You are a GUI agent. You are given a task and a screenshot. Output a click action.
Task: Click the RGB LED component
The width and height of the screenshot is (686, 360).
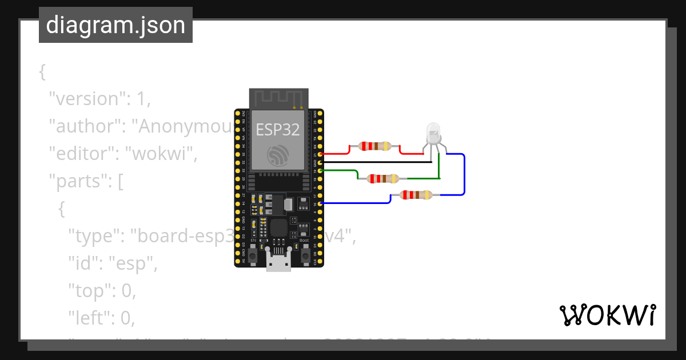coord(433,135)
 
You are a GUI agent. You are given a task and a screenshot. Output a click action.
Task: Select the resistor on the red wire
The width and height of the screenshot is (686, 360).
coord(374,146)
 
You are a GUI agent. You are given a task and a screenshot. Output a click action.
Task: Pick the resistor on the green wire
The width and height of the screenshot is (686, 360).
coord(383,179)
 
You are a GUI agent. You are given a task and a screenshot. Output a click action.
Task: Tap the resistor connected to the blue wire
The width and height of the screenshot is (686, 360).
coord(416,195)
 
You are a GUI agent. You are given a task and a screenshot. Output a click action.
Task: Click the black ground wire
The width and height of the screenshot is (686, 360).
coord(377,162)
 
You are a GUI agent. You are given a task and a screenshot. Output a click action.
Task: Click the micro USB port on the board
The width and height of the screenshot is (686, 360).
coord(278,263)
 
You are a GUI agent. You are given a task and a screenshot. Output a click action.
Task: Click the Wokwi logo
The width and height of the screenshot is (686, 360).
coord(607,315)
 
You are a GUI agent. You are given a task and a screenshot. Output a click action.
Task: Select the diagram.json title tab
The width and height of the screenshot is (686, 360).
coord(115,25)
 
